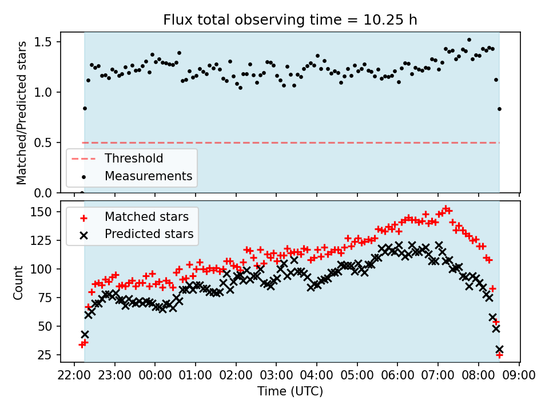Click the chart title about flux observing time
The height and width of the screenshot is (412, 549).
(x=290, y=20)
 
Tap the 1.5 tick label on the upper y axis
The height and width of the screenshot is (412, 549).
(x=45, y=42)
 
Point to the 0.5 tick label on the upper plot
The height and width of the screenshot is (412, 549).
(x=45, y=142)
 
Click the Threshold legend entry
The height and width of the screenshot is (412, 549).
(x=133, y=159)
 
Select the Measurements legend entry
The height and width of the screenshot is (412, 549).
(x=148, y=176)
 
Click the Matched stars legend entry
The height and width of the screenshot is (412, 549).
(x=146, y=217)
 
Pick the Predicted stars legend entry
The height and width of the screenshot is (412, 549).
(x=149, y=234)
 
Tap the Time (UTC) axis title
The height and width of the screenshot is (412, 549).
(x=290, y=391)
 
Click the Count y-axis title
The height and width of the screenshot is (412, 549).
(x=19, y=283)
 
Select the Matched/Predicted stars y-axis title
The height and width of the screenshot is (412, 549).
(x=22, y=113)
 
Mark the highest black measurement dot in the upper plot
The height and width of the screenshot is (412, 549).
(x=469, y=40)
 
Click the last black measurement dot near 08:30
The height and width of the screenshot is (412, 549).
(x=499, y=109)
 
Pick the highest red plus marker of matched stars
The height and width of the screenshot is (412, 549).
(x=445, y=208)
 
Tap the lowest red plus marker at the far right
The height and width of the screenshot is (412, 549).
(x=499, y=355)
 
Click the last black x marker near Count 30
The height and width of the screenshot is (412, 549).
(x=499, y=349)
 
